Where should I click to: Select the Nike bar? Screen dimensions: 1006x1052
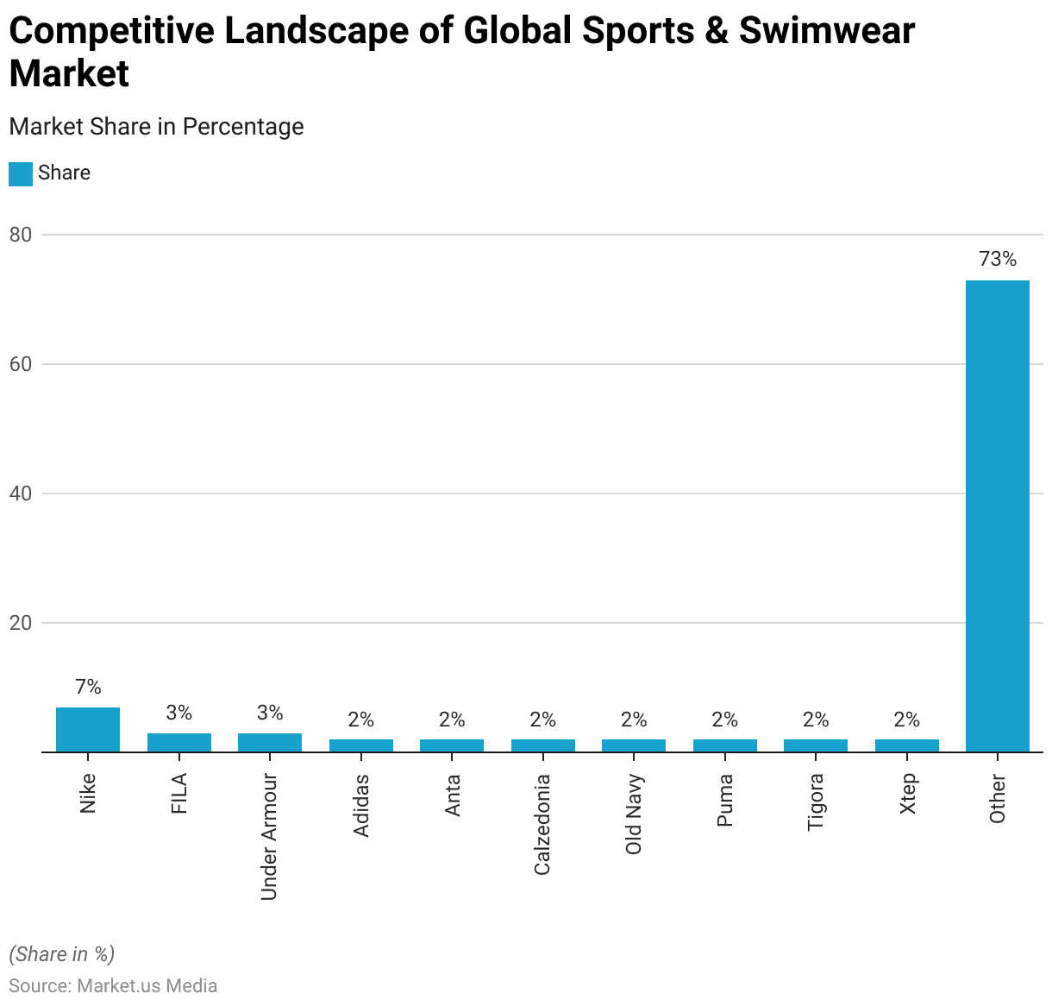pyautogui.click(x=88, y=730)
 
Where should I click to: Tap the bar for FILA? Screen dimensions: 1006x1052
pyautogui.click(x=179, y=743)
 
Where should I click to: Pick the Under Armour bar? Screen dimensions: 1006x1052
pyautogui.click(x=270, y=743)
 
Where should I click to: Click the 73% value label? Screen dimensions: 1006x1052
pyautogui.click(x=998, y=259)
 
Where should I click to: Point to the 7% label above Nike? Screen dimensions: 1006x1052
pyautogui.click(x=88, y=687)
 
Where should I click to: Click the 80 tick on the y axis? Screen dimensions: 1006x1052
pyautogui.click(x=21, y=235)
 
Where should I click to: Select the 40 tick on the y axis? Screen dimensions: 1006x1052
pyautogui.click(x=21, y=494)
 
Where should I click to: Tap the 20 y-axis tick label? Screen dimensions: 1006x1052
pyautogui.click(x=21, y=623)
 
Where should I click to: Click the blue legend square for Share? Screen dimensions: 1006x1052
pyautogui.click(x=21, y=173)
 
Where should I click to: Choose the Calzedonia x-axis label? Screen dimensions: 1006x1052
pyautogui.click(x=542, y=825)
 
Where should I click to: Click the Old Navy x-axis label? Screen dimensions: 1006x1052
pyautogui.click(x=634, y=814)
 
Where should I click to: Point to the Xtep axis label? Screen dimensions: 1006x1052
pyautogui.click(x=907, y=794)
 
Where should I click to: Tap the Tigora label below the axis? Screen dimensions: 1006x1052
pyautogui.click(x=816, y=802)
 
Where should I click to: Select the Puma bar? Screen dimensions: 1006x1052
pyautogui.click(x=725, y=745)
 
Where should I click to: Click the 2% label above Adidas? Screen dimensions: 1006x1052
pyautogui.click(x=361, y=720)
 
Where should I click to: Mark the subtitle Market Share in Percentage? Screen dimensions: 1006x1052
pyautogui.click(x=156, y=127)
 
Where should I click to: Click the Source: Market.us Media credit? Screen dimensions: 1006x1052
pyautogui.click(x=113, y=985)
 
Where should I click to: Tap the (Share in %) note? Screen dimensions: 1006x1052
pyautogui.click(x=62, y=953)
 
